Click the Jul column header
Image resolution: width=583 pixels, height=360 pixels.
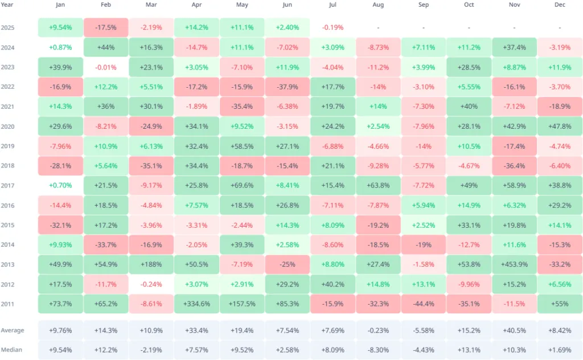coord(332,5)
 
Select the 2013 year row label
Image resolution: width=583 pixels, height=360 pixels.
coord(8,264)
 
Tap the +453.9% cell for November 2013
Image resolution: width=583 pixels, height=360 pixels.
coord(514,264)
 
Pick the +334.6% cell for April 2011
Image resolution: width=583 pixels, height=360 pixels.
coord(196,304)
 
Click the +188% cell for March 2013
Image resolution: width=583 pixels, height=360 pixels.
coord(151,264)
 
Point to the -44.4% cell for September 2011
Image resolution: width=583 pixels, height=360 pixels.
coord(423,304)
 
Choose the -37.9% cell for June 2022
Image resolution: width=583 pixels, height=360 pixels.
coord(288,87)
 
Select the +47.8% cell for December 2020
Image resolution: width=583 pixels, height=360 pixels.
coord(559,126)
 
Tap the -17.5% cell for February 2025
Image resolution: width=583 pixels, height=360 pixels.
coord(106,27)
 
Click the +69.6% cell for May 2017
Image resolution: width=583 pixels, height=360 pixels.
coord(242,185)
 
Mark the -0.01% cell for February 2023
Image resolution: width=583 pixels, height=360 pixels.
coord(106,67)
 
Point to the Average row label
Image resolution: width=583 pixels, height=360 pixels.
coord(12,330)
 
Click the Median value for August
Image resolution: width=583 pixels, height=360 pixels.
coord(378,350)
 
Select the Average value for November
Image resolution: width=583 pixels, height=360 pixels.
coord(514,330)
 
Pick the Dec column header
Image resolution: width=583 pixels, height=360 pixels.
coord(559,5)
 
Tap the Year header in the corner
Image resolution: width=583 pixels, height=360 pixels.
coord(7,5)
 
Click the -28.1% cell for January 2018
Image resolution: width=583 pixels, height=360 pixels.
coord(60,166)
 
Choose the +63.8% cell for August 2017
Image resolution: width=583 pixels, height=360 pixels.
coord(378,185)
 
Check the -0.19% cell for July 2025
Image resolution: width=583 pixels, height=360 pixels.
coord(332,27)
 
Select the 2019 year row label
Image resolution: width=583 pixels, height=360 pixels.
coord(8,146)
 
